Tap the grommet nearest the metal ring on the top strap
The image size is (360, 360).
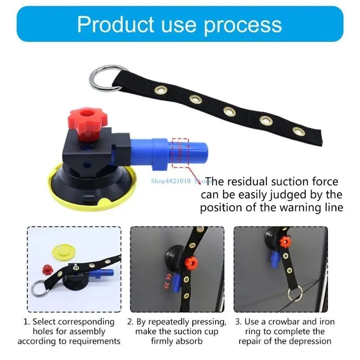pos(160,90)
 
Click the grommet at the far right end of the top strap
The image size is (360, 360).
pos(298,131)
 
